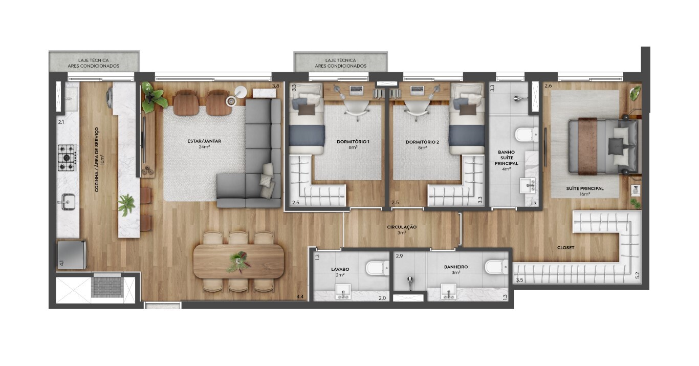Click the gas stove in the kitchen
[67, 158]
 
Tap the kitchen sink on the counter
[67, 201]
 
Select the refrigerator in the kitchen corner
[72, 255]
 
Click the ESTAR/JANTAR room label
[204, 141]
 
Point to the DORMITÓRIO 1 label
[353, 142]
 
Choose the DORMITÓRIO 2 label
[422, 142]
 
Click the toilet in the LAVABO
[377, 268]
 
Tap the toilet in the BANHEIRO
[496, 267]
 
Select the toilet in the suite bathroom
[527, 134]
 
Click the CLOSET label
[566, 248]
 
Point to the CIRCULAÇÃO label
[402, 227]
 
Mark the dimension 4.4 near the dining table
[300, 297]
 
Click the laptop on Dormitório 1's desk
[356, 91]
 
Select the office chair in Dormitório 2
[416, 110]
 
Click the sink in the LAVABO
[343, 292]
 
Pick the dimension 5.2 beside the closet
[637, 275]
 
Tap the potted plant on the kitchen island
[127, 205]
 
